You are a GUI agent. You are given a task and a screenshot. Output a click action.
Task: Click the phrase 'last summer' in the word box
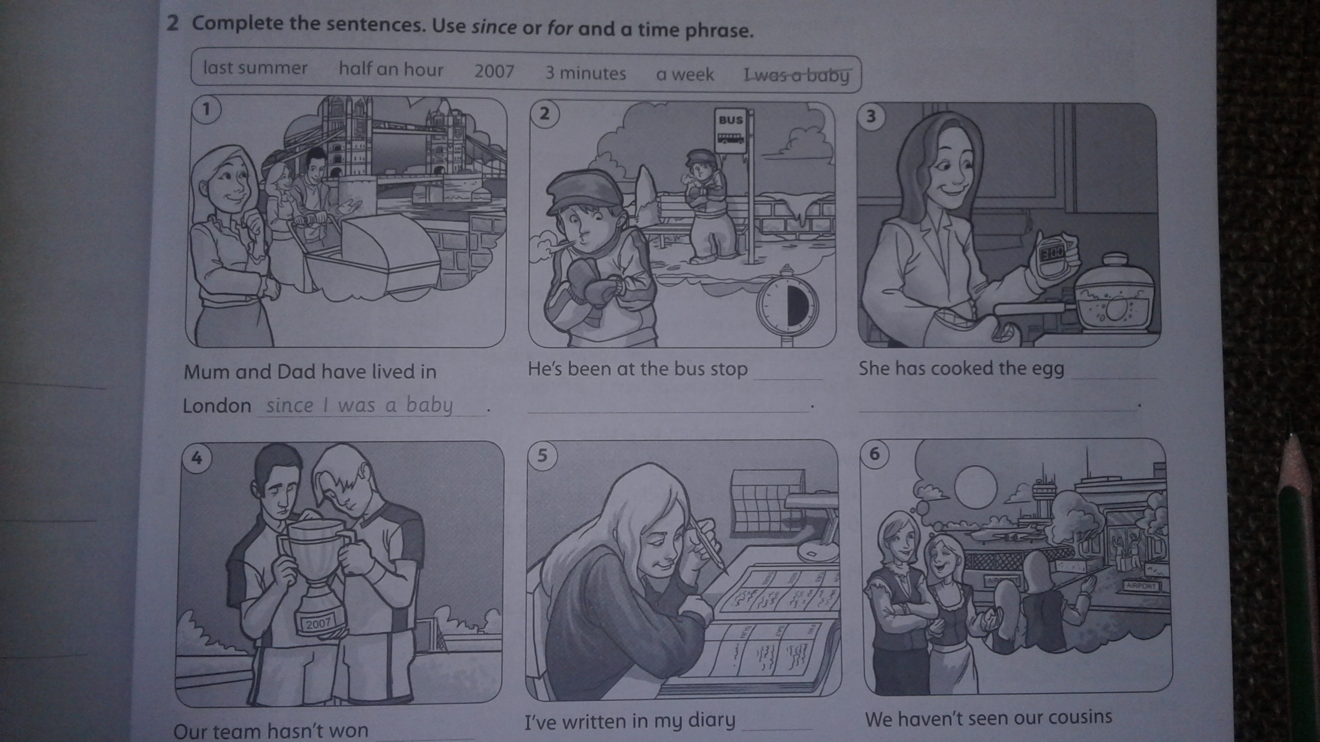255,68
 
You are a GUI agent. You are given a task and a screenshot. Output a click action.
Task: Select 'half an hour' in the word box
391,69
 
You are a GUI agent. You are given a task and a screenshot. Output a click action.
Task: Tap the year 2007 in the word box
494,71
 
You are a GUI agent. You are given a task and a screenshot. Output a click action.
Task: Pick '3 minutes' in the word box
586,73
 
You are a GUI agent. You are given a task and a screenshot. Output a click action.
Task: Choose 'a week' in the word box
685,75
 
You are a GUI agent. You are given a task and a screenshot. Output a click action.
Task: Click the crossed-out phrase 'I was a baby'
796,76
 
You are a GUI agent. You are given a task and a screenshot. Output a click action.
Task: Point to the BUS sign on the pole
731,131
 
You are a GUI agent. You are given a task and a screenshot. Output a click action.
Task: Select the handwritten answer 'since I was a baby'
359,406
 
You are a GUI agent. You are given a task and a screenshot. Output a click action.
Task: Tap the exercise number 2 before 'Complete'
172,23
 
